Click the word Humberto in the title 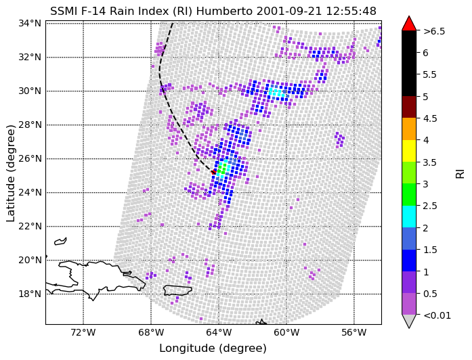pyautogui.click(x=225, y=11)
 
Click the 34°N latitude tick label pyautogui.click(x=30, y=23)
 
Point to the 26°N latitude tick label pyautogui.click(x=30, y=158)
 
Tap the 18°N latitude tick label pyautogui.click(x=30, y=294)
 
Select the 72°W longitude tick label pyautogui.click(x=83, y=333)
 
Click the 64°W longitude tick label pyautogui.click(x=219, y=333)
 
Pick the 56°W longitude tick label pyautogui.click(x=354, y=333)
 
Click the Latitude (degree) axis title pyautogui.click(x=11, y=173)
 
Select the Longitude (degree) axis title pyautogui.click(x=213, y=348)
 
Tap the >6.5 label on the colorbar pyautogui.click(x=434, y=31)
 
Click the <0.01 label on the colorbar pyautogui.click(x=437, y=315)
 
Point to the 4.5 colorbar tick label pyautogui.click(x=430, y=118)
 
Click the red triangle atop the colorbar pyautogui.click(x=409, y=24)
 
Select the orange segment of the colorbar pyautogui.click(x=409, y=129)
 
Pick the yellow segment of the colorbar pyautogui.click(x=409, y=151)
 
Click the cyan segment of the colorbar pyautogui.click(x=409, y=217)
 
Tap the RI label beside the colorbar pyautogui.click(x=460, y=173)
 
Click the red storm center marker pyautogui.click(x=214, y=172)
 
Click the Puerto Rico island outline pyautogui.click(x=177, y=290)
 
